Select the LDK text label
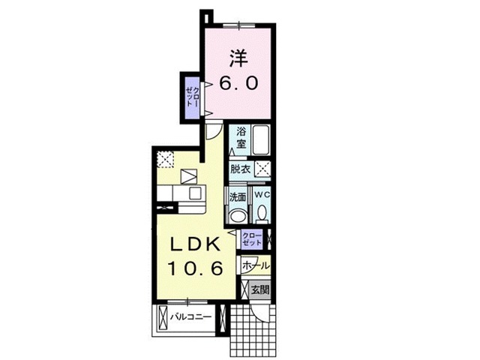coord(194,244)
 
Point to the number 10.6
coord(194,268)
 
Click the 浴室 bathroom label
coord(241,137)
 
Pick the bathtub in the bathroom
coord(260,139)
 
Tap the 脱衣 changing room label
coord(241,169)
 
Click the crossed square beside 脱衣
coord(262,169)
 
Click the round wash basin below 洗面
coord(238,216)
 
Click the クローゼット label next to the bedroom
coord(193,97)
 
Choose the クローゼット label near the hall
coord(253,240)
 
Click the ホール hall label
coord(256,265)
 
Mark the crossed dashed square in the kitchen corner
coord(166,159)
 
